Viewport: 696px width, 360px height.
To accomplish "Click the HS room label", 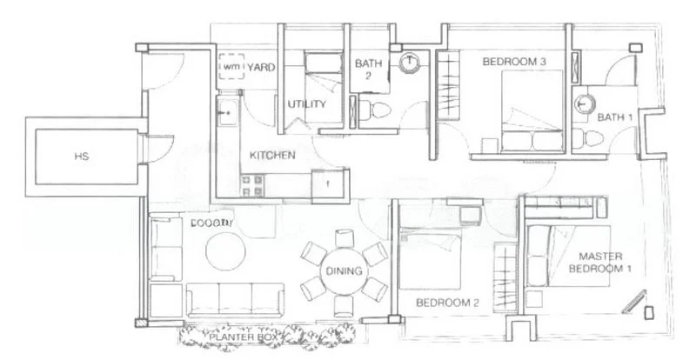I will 82,157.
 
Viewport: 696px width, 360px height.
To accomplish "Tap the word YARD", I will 262,66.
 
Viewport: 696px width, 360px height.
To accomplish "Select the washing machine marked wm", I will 231,67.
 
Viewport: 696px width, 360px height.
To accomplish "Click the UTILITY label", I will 306,105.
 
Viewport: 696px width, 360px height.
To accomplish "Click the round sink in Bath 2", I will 409,64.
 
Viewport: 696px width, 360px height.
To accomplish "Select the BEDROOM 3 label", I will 515,62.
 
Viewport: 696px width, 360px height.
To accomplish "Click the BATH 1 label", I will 614,116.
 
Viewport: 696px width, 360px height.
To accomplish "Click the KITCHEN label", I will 272,156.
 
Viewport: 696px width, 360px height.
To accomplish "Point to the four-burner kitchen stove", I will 253,183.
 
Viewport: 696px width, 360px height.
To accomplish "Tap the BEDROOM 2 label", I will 449,303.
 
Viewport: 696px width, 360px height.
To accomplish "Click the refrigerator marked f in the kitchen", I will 328,184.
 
